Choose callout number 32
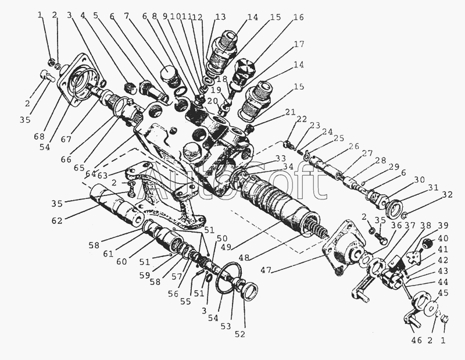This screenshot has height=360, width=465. tap(448, 194)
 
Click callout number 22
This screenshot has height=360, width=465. tap(301, 119)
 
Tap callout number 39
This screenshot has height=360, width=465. tap(443, 226)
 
